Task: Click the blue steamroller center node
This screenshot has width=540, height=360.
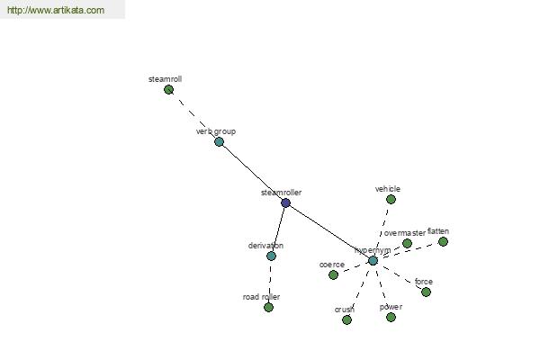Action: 285,202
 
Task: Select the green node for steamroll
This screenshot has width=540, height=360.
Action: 168,90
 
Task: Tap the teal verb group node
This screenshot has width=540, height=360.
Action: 219,141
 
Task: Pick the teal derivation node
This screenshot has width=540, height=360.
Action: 272,256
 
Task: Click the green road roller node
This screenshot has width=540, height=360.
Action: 268,307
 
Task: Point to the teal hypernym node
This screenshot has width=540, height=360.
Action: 373,261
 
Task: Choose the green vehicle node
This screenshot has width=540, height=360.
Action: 391,200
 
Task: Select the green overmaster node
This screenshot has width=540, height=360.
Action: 407,244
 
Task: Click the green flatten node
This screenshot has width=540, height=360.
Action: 443,241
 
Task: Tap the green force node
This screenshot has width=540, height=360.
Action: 426,292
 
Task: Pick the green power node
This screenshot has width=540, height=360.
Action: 391,318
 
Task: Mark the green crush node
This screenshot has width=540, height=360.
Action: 346,320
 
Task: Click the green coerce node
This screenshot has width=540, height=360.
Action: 333,274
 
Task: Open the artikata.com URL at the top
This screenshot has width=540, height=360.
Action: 56,10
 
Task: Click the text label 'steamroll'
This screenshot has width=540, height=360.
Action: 166,79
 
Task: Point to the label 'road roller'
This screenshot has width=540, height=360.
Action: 261,297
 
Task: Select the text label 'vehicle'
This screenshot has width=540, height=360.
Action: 388,189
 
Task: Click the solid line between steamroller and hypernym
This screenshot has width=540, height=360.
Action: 329,232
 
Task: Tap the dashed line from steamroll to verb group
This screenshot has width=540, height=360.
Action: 193,116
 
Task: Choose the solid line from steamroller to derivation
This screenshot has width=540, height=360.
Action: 278,229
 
